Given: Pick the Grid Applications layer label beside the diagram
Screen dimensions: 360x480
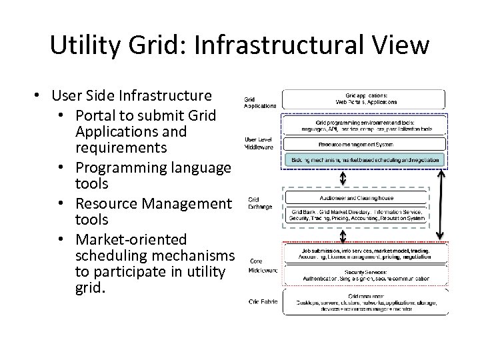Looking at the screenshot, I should pyautogui.click(x=259, y=102).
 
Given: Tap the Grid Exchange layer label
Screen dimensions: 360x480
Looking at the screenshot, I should pyautogui.click(x=259, y=203).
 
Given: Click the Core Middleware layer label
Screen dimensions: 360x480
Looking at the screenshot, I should pyautogui.click(x=262, y=265).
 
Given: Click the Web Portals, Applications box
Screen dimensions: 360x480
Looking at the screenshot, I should pyautogui.click(x=365, y=99).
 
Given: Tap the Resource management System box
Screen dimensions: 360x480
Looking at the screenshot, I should pyautogui.click(x=365, y=144).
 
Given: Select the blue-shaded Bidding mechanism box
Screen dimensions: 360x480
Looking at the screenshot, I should pyautogui.click(x=365, y=160).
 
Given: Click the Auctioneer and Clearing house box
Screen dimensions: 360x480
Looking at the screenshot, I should pyautogui.click(x=365, y=197).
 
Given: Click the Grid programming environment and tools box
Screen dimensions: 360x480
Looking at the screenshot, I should pyautogui.click(x=365, y=125).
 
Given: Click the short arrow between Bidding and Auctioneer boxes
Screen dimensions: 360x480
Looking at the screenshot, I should pyautogui.click(x=343, y=178).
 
